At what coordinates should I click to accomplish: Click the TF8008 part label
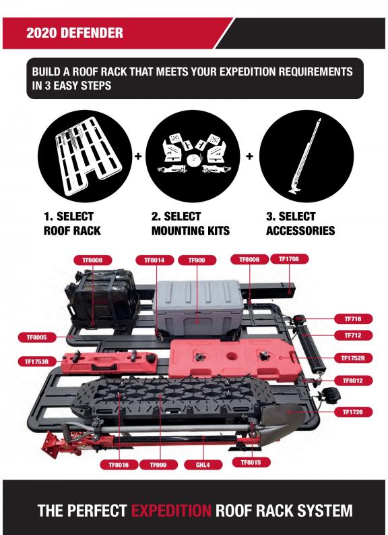coord(92,260)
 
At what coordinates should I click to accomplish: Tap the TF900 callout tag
coord(197,260)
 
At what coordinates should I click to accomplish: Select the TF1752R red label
coord(353,358)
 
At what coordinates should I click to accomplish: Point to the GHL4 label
coord(203,465)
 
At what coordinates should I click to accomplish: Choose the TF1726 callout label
coord(353,412)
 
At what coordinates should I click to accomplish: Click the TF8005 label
coord(37,337)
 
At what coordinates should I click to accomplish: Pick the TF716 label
coord(353,319)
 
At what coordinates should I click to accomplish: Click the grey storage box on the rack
coord(199,308)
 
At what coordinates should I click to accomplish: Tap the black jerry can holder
coord(102,299)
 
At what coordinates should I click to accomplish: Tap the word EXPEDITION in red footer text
coord(171,511)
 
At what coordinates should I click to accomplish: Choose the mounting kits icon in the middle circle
coord(193,154)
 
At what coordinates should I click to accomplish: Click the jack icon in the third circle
coord(306,157)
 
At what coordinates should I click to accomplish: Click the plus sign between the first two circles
coord(138,157)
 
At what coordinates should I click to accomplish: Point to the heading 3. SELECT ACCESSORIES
coord(300,223)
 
